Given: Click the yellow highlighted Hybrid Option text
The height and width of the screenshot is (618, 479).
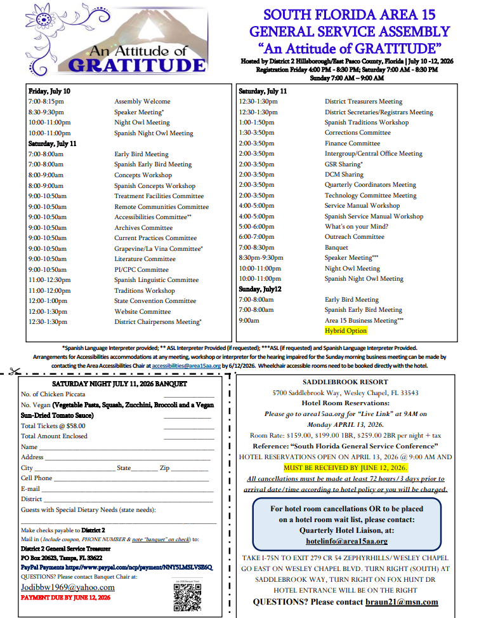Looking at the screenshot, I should pyautogui.click(x=346, y=331).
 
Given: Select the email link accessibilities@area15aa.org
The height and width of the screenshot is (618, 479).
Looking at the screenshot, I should pyautogui.click(x=187, y=366).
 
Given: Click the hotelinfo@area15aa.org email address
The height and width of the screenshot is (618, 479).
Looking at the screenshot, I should pyautogui.click(x=346, y=541).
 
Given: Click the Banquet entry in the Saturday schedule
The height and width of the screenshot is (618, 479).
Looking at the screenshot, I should pyautogui.click(x=336, y=248).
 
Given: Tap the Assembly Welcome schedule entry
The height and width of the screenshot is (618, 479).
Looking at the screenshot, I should pyautogui.click(x=142, y=102).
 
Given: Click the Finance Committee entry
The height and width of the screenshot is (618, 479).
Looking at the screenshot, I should pyautogui.click(x=352, y=144).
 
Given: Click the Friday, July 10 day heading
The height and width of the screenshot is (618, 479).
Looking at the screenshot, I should pyautogui.click(x=49, y=91).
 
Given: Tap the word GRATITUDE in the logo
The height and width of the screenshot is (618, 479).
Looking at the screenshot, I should pyautogui.click(x=136, y=65).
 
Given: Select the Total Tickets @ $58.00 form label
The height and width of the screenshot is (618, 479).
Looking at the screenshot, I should pyautogui.click(x=53, y=426).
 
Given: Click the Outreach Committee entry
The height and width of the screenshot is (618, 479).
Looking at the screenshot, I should pyautogui.click(x=355, y=237).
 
